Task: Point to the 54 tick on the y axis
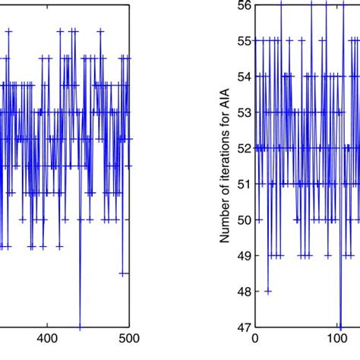pos(245,76)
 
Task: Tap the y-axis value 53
pos(245,112)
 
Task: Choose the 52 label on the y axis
pos(245,148)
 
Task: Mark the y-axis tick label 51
pos(245,184)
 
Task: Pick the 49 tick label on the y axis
pos(245,256)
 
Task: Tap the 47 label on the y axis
pos(245,327)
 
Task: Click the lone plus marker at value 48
pos(268,292)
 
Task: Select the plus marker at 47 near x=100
pos(339,327)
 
